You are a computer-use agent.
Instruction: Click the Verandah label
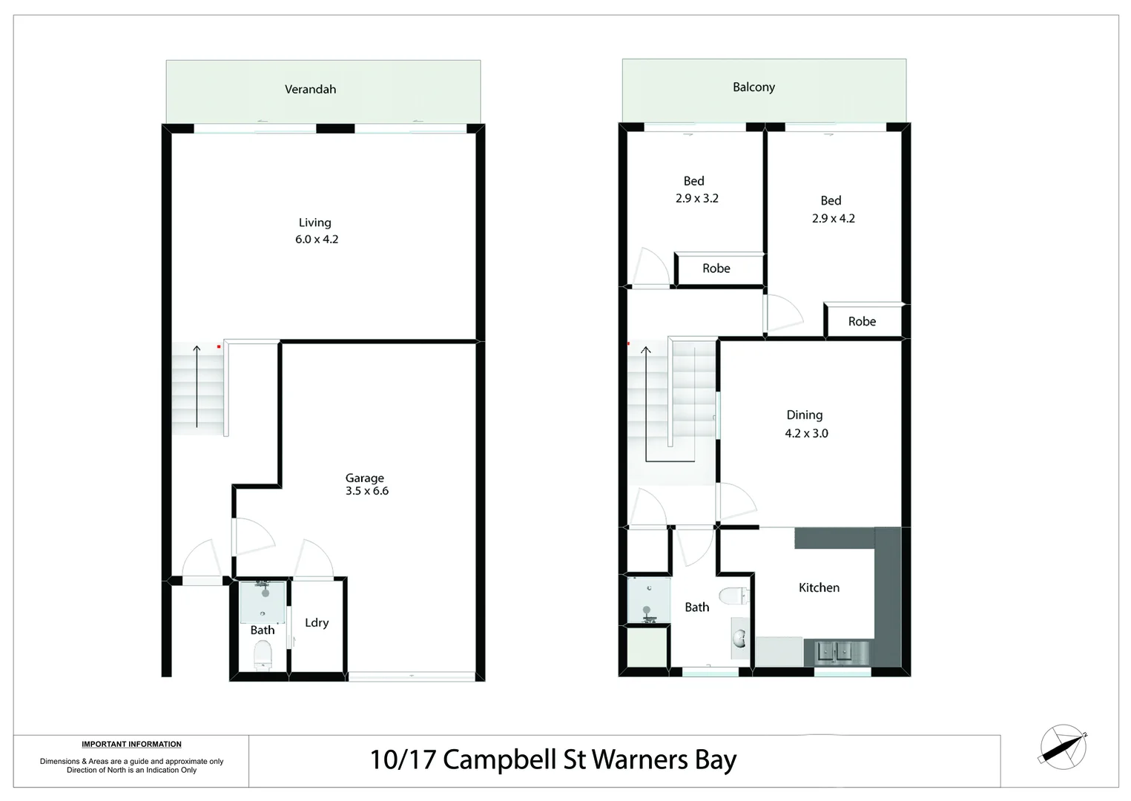coord(310,89)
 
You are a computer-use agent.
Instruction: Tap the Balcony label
coord(754,87)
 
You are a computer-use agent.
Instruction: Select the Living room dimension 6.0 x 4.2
coord(317,240)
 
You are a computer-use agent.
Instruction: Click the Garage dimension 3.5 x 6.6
coord(367,491)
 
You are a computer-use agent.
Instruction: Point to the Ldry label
coord(317,622)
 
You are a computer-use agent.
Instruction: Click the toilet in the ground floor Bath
coord(263,655)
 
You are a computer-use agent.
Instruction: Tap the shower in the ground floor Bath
coord(263,601)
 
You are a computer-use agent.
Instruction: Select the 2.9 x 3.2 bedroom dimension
coord(696,199)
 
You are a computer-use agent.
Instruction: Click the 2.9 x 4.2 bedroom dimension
coord(833,219)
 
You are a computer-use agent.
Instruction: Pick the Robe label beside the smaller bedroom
coord(716,268)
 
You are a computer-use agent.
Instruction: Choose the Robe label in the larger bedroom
coord(862,321)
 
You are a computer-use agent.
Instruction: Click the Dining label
coord(804,415)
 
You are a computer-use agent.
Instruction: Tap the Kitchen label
coord(819,587)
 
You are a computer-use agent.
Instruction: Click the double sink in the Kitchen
coord(835,652)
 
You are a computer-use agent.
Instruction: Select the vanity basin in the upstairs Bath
coord(739,638)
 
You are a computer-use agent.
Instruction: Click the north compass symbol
coord(1063,746)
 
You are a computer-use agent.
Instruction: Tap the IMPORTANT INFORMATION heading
coord(131,744)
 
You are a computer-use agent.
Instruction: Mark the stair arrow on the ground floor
coord(197,386)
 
